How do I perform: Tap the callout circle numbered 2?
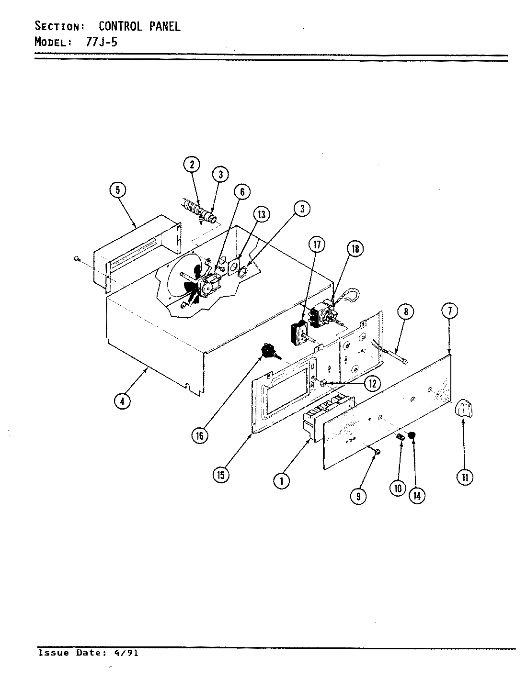point(192,165)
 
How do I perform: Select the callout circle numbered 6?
point(242,192)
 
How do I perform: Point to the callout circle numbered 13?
point(261,214)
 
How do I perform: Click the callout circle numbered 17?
point(316,245)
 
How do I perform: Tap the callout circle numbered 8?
point(405,312)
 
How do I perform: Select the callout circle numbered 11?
point(464,476)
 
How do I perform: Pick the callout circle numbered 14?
point(417,496)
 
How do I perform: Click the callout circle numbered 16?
point(199,435)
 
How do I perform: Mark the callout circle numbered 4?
point(122,401)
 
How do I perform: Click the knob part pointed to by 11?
point(464,410)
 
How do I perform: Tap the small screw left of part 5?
point(77,259)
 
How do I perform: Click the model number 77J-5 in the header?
point(102,42)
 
